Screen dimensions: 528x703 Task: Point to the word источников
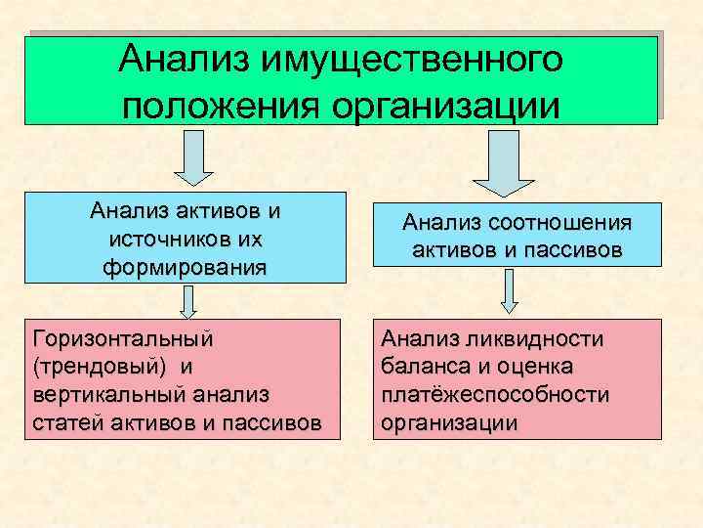click(x=170, y=239)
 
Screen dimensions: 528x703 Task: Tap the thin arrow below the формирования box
click(x=185, y=302)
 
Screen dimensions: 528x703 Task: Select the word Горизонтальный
click(x=123, y=339)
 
